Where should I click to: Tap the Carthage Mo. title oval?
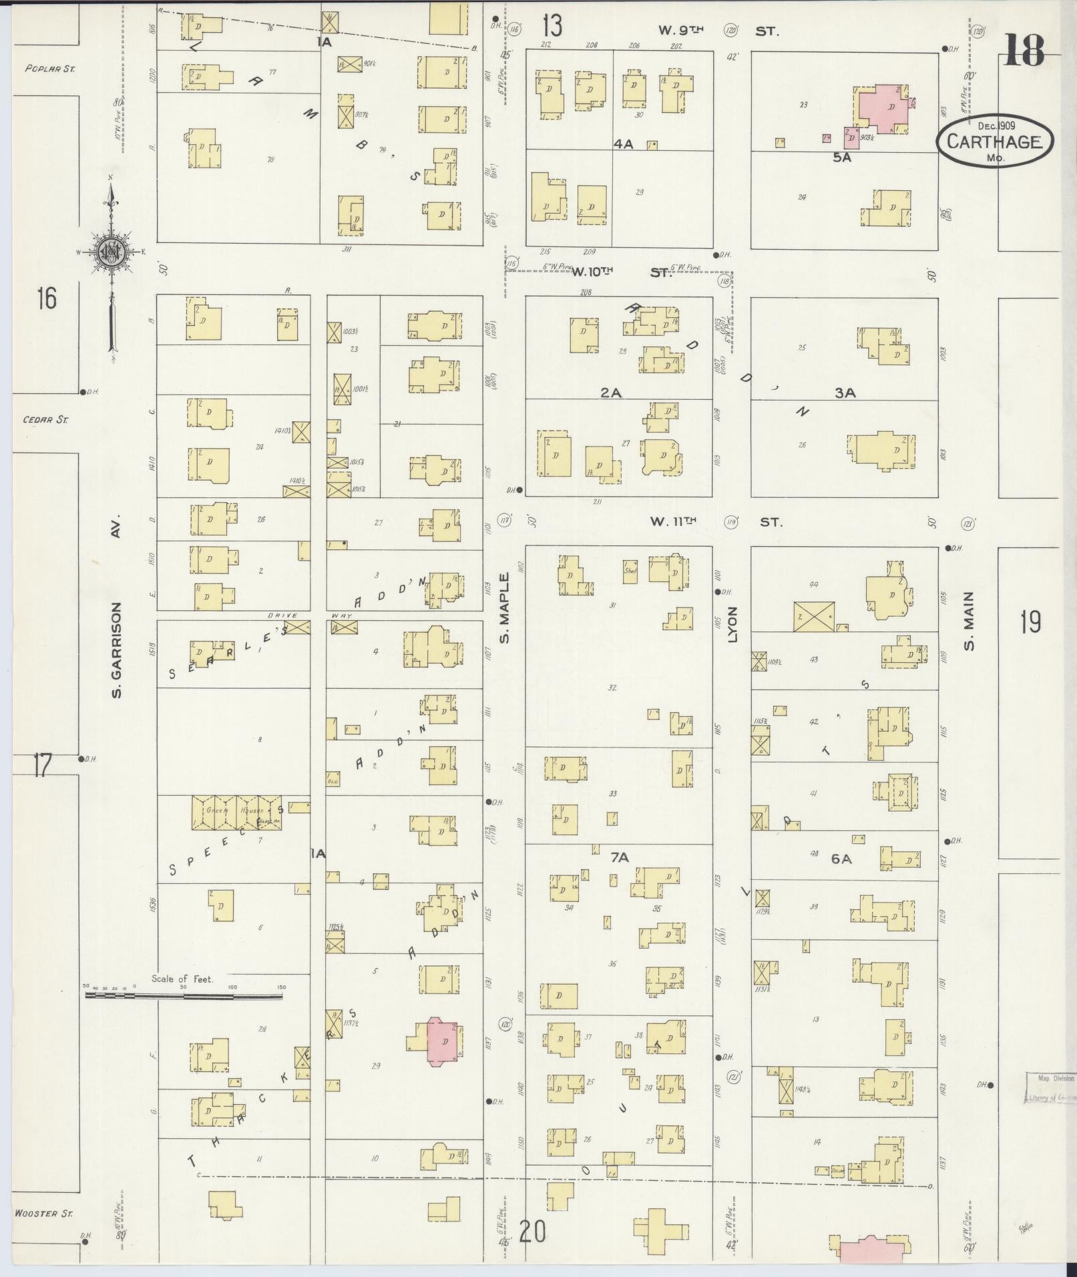(994, 141)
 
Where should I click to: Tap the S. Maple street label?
(505, 607)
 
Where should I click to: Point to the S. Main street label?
(969, 621)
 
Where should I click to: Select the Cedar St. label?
(46, 420)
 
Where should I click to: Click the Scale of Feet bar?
(184, 995)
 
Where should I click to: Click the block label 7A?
(620, 857)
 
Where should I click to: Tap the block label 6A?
(841, 859)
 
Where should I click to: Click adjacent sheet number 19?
(1030, 623)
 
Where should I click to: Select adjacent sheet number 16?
(46, 298)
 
